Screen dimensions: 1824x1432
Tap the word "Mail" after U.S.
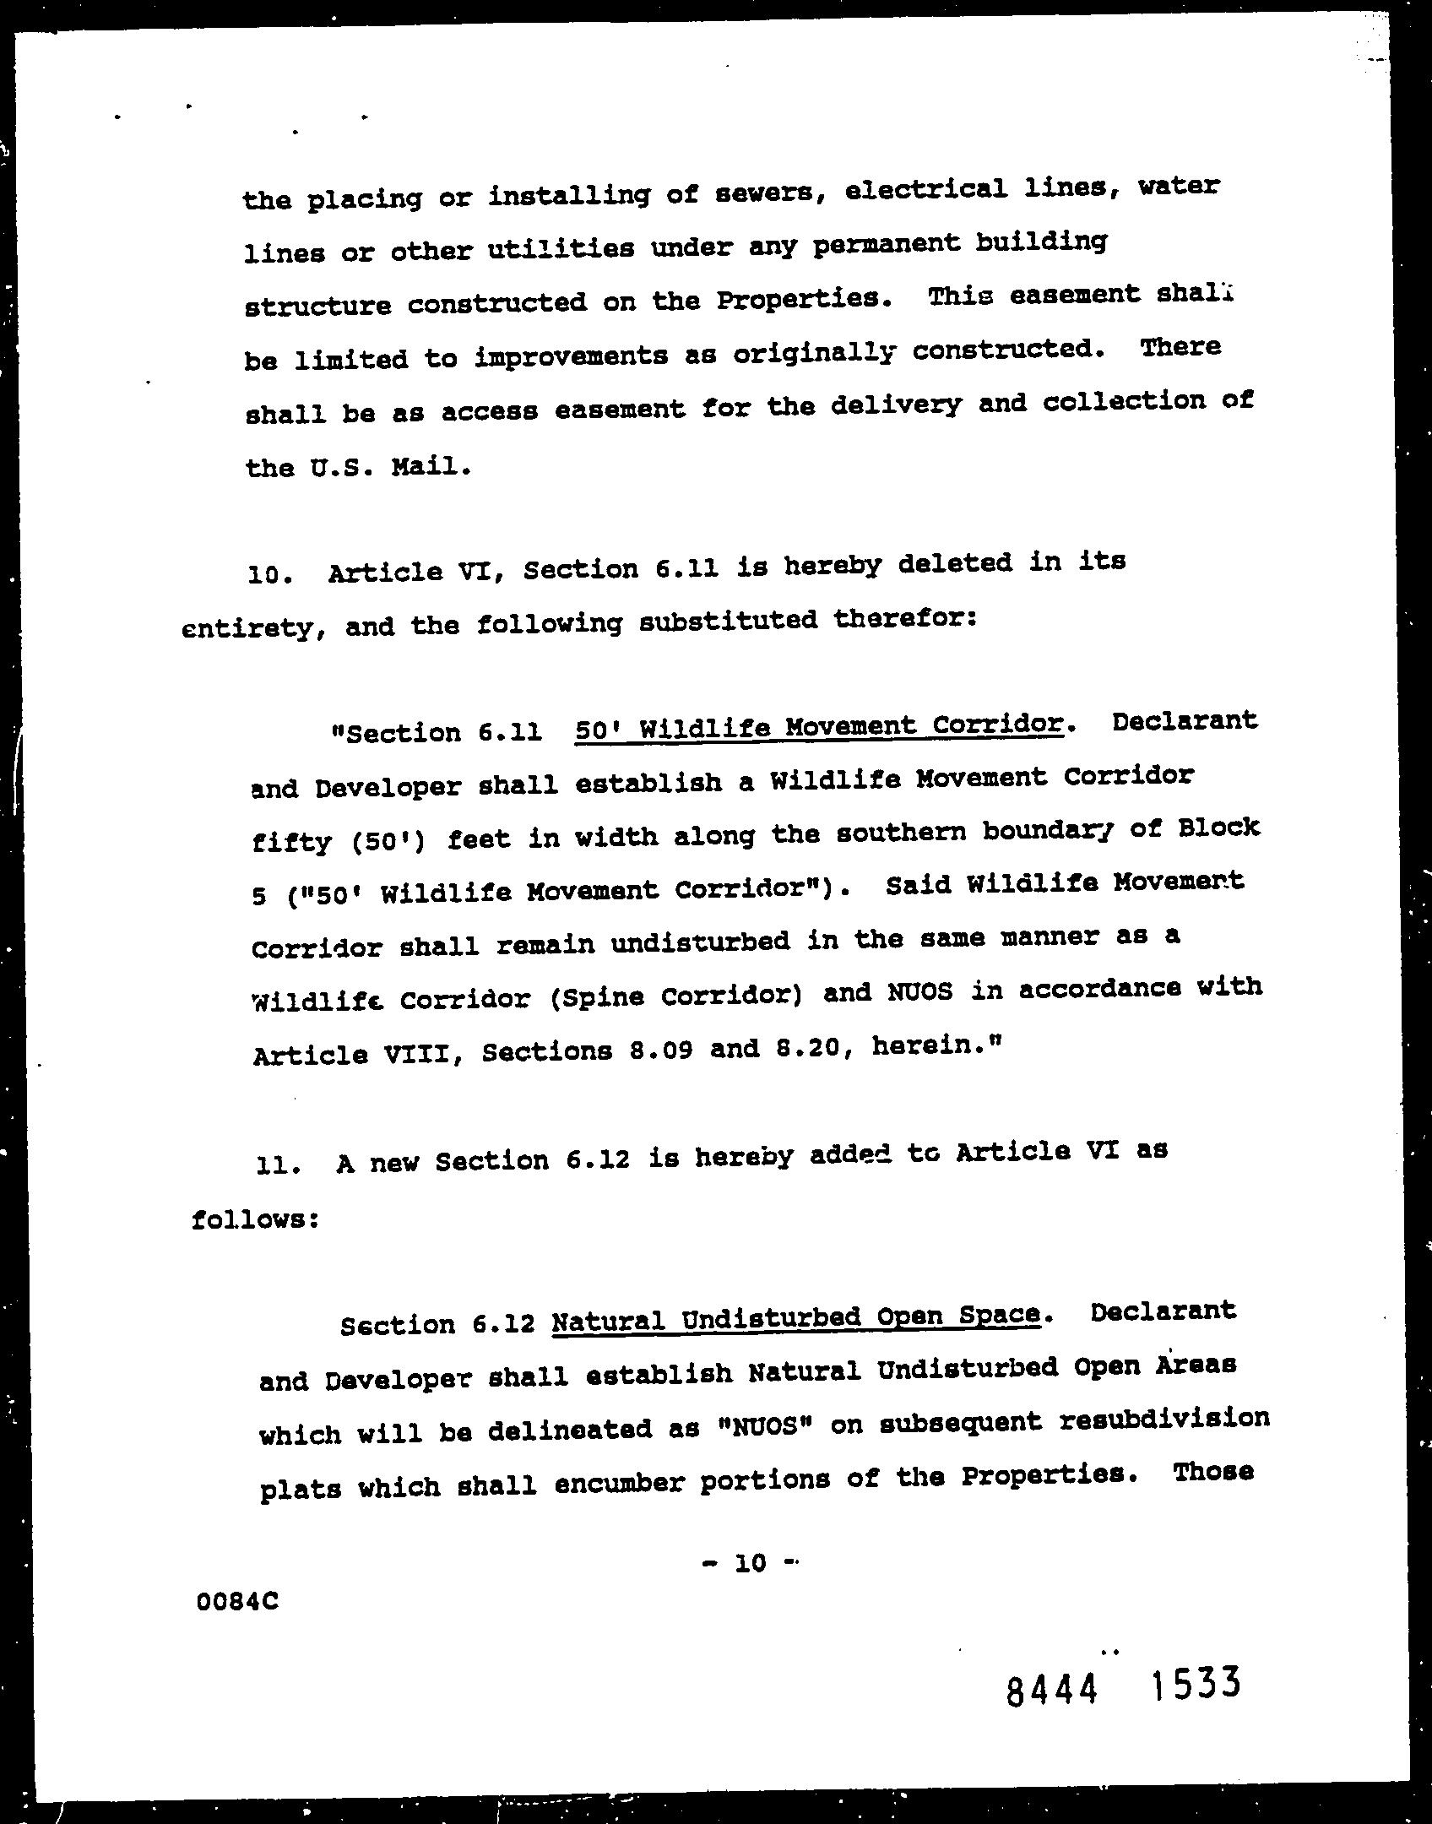point(429,466)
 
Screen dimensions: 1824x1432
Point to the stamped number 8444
point(1052,1689)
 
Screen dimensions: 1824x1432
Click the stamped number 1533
point(1195,1684)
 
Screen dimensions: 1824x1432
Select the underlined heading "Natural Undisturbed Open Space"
point(795,1317)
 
